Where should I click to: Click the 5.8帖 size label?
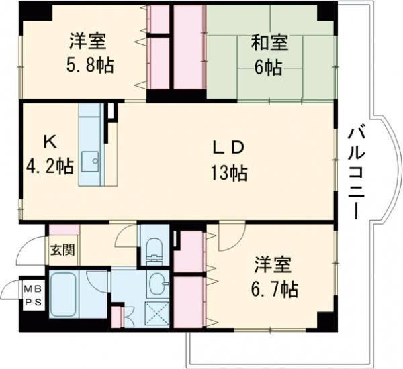[89, 66]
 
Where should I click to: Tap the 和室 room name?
[269, 43]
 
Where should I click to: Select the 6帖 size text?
[269, 67]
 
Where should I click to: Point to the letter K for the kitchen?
[49, 142]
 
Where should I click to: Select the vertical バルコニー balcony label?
[355, 169]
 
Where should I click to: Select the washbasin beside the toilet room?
[157, 284]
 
